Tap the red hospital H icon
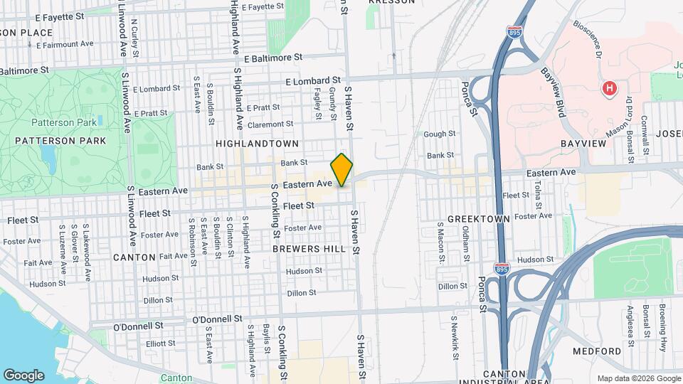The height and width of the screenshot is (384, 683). [x=608, y=89]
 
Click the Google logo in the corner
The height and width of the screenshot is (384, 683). [x=23, y=375]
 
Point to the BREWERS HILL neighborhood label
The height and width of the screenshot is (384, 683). [x=309, y=250]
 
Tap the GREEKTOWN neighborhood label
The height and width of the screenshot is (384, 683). [x=478, y=219]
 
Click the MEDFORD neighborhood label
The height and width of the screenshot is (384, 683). [x=597, y=352]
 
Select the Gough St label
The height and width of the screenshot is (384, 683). [x=439, y=134]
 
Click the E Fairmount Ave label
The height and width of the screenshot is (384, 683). [x=62, y=44]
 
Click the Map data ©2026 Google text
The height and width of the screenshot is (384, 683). [x=637, y=378]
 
